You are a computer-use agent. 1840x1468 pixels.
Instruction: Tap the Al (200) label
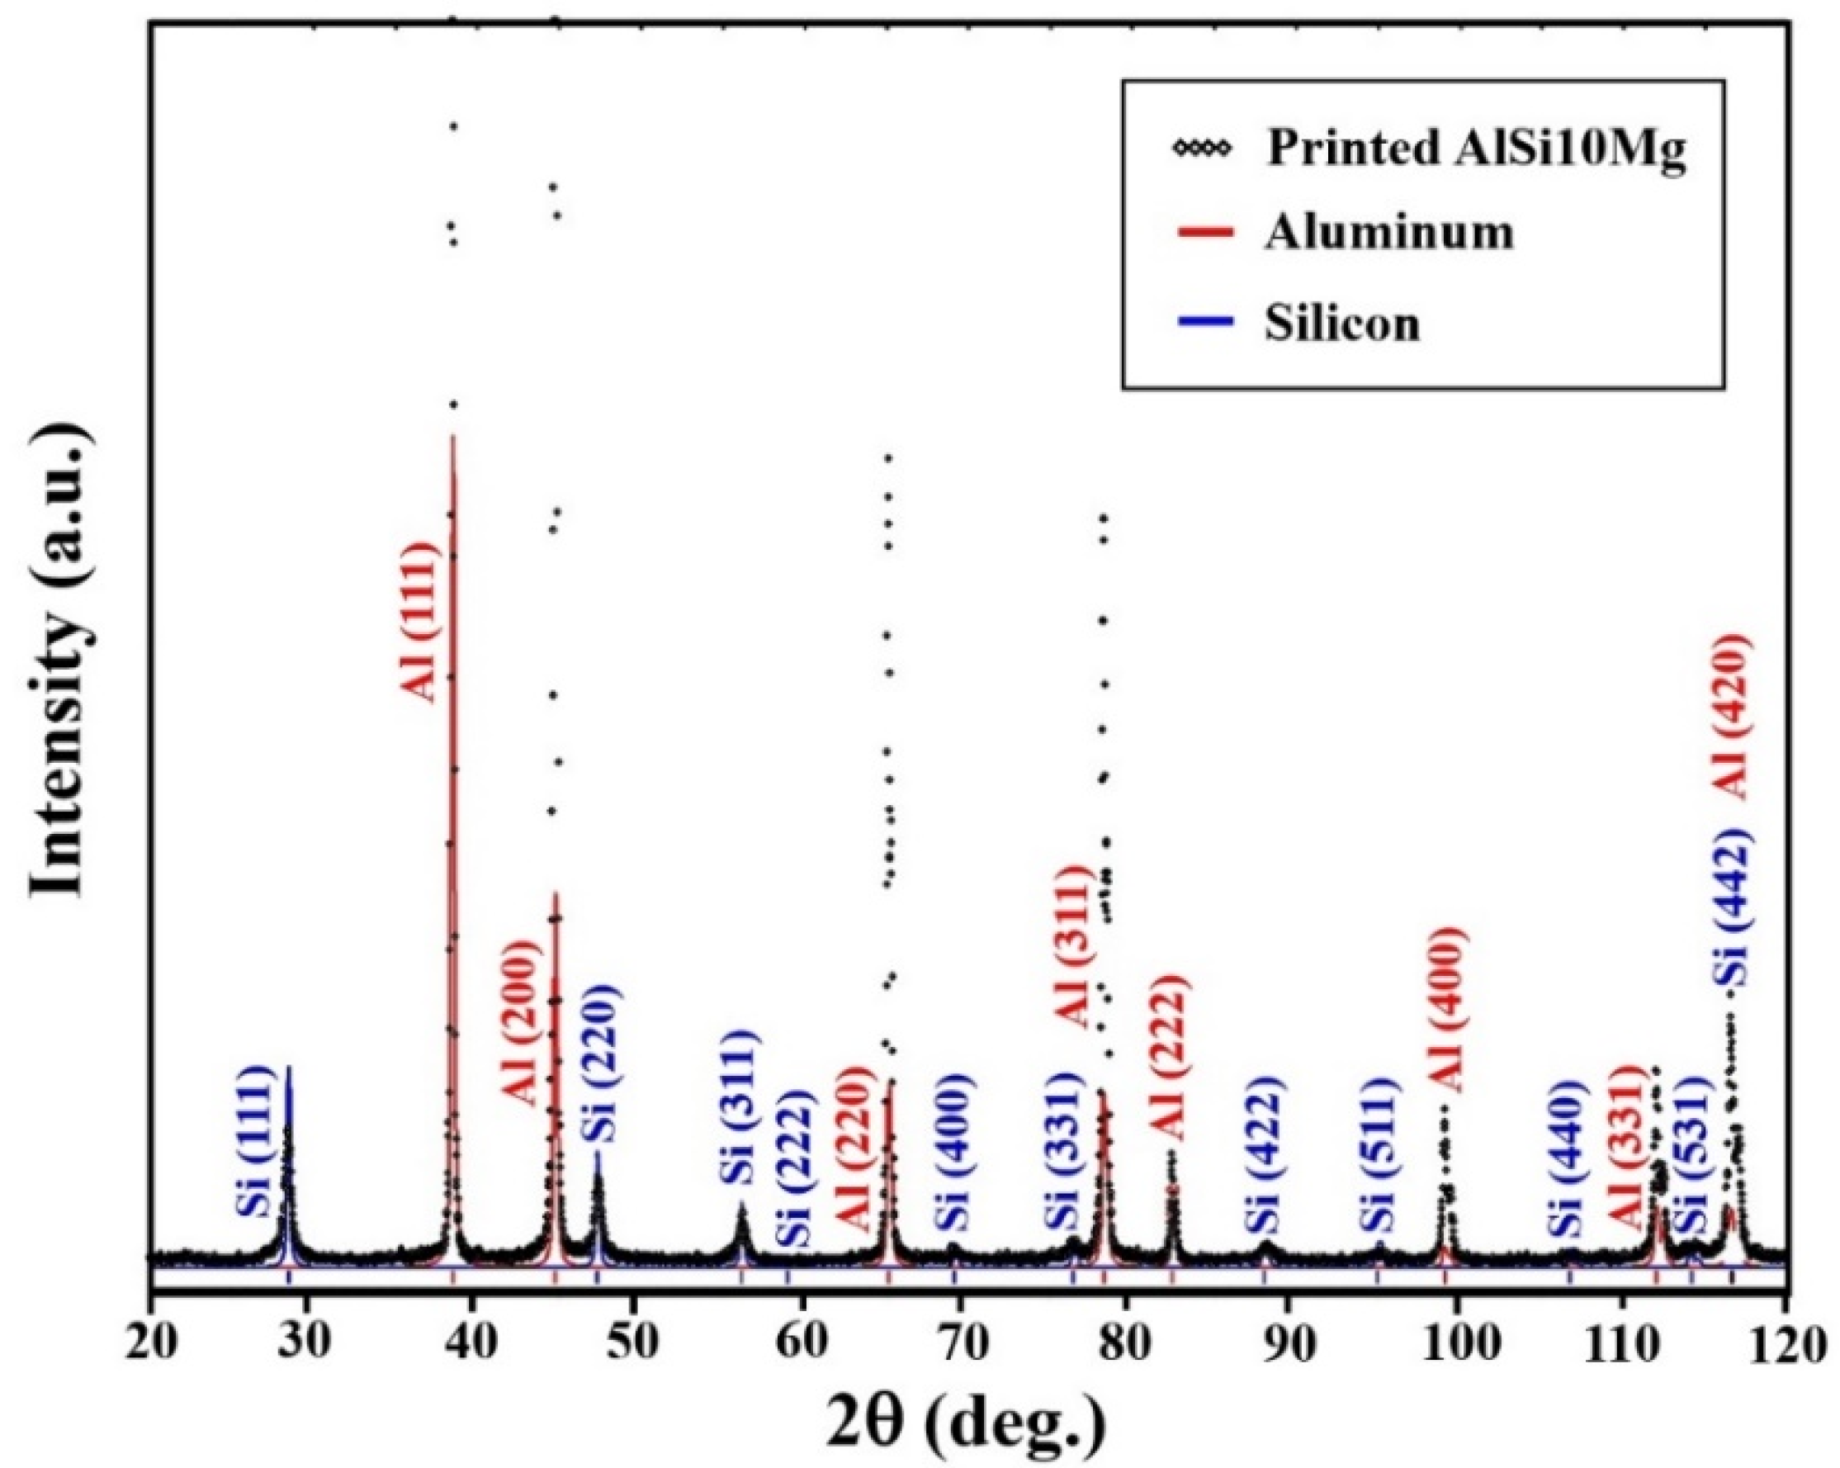[x=521, y=1022]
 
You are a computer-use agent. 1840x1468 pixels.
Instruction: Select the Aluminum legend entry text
[x=1388, y=233]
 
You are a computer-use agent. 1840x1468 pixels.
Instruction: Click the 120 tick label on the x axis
[x=1786, y=1345]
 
